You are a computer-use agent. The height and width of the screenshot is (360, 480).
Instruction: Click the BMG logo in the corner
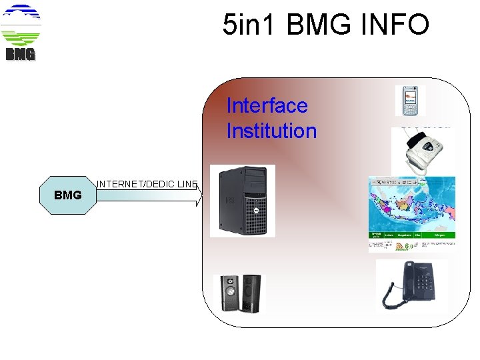[x=21, y=33]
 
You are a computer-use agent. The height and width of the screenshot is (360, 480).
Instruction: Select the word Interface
[x=267, y=105]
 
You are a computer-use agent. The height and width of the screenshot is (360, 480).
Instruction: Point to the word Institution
[x=271, y=131]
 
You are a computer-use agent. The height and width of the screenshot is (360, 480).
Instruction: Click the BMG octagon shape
[x=67, y=195]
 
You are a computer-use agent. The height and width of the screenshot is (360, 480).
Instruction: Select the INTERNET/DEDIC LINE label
[x=147, y=183]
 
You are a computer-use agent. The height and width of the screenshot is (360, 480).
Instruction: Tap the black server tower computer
[x=243, y=200]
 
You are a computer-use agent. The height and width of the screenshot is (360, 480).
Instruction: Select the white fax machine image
[x=422, y=150]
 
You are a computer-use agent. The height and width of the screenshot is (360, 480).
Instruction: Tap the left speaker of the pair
[x=230, y=294]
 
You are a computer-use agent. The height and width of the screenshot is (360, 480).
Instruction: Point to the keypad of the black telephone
[x=422, y=288]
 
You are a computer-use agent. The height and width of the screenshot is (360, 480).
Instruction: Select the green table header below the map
[x=411, y=235]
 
